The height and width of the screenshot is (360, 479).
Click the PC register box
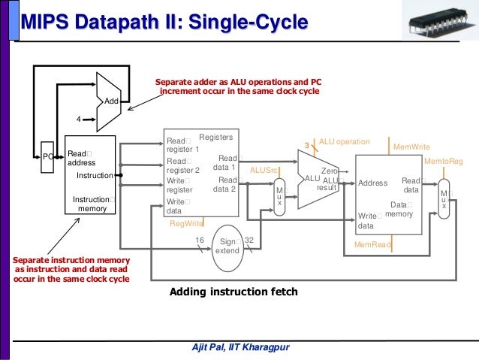tap(47, 156)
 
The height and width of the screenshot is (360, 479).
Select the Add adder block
tap(110, 98)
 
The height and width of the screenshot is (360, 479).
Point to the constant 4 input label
tap(78, 119)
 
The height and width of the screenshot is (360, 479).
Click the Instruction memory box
tap(90, 175)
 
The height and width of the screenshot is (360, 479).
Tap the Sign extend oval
tap(227, 246)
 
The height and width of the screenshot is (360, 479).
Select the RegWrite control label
tap(186, 223)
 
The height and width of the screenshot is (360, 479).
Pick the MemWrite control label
tap(411, 147)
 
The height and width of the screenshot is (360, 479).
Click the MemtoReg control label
tap(443, 162)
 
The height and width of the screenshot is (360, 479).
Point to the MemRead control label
tap(372, 245)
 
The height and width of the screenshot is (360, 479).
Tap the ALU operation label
tap(344, 141)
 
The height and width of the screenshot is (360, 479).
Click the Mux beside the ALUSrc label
tap(280, 198)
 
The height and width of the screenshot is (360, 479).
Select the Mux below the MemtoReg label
tap(444, 199)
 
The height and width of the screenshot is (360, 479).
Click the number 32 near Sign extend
tap(249, 241)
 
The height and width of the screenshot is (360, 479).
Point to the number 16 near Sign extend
tap(200, 240)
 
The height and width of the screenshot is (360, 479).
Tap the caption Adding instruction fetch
tap(233, 292)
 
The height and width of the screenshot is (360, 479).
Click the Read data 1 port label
tap(226, 162)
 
